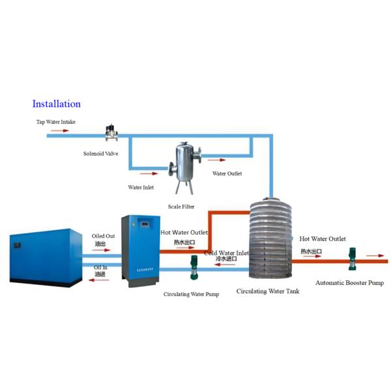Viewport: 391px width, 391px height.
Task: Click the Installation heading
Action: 57,104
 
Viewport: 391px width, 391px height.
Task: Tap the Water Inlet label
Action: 141,187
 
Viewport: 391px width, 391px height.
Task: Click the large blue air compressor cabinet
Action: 41,256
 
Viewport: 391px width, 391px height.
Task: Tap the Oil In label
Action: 100,267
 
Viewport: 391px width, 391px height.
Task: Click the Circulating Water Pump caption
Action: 191,295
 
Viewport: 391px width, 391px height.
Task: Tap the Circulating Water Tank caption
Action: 268,291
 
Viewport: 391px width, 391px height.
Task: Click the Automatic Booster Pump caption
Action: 349,283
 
